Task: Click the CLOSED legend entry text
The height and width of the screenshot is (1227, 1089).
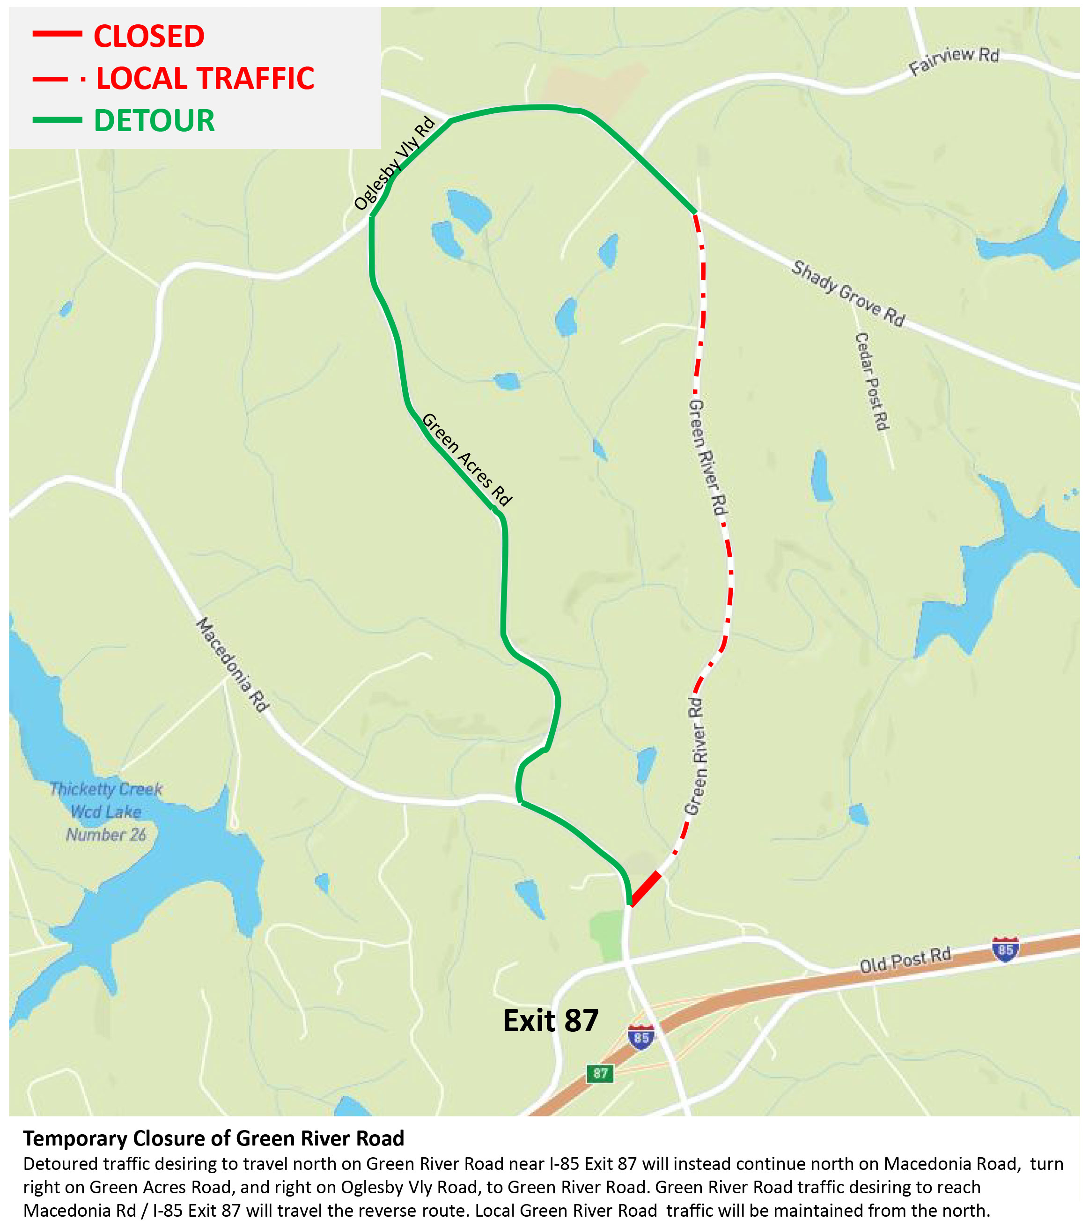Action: tap(149, 37)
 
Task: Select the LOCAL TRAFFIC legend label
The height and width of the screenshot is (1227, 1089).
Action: tap(205, 79)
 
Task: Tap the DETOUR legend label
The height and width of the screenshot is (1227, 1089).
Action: tap(154, 121)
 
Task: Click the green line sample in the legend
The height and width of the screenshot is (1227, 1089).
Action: tap(57, 120)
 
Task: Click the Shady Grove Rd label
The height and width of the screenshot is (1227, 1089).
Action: tap(848, 294)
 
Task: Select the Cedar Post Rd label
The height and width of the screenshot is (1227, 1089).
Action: tap(872, 382)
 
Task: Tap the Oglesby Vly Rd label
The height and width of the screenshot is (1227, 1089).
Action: tap(394, 163)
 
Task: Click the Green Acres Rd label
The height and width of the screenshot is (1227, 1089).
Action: tap(467, 459)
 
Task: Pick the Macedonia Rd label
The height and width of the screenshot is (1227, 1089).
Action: tap(233, 664)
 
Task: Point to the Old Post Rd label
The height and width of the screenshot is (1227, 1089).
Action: tap(905, 960)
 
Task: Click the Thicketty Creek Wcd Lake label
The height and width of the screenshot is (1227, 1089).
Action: tap(106, 812)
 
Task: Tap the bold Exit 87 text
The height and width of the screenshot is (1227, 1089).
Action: tap(550, 1020)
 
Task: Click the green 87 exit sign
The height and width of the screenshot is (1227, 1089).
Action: tap(600, 1073)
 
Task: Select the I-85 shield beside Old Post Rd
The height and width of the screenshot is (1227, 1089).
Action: tap(1005, 949)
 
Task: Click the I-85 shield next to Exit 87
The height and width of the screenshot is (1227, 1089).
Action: tap(641, 1037)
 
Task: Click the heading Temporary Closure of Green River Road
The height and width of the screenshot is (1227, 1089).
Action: tap(213, 1139)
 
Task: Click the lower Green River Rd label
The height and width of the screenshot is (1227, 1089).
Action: tap(696, 755)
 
